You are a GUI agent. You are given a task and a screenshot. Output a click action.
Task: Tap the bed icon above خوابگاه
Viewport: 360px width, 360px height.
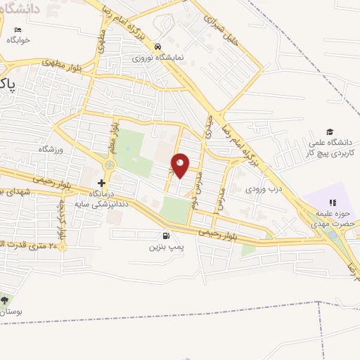tap(18, 30)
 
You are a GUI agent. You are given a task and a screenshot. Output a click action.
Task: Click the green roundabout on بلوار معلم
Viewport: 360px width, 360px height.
tap(110, 165)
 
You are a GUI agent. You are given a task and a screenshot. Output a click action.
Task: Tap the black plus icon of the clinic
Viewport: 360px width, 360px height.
tap(101, 182)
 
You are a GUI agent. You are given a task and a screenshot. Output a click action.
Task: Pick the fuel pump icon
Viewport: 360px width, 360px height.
tap(165, 236)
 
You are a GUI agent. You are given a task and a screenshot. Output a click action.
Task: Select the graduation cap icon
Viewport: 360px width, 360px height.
tap(329, 131)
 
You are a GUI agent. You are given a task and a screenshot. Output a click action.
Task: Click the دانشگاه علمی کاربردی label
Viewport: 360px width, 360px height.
tap(333, 147)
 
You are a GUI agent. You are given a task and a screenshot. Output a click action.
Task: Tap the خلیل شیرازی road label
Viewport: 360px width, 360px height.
tap(224, 27)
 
